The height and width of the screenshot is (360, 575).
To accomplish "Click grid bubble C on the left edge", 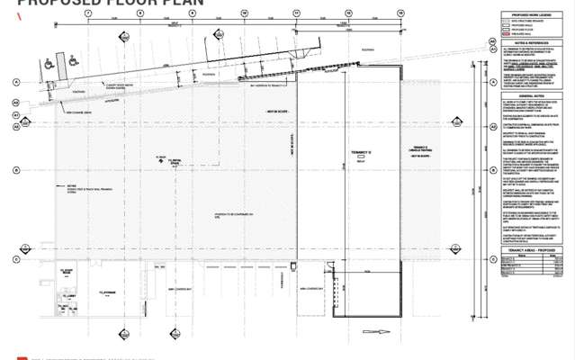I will [x=16, y=259].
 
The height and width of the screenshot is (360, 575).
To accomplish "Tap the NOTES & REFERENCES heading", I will [x=532, y=43].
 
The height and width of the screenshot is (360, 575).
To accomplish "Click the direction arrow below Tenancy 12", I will [x=382, y=332].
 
